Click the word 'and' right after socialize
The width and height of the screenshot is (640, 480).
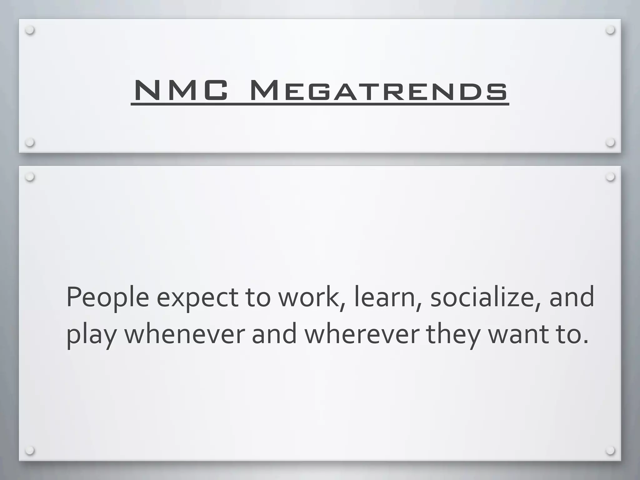pyautogui.click(x=572, y=297)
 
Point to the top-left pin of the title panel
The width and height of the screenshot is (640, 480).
pyautogui.click(x=30, y=30)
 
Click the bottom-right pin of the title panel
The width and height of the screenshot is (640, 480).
pyautogui.click(x=610, y=143)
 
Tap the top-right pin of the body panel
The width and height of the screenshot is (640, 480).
pyautogui.click(x=610, y=177)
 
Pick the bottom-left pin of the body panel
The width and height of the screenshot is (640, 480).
pyautogui.click(x=30, y=451)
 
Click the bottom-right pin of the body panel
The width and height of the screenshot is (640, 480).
pyautogui.click(x=610, y=451)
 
